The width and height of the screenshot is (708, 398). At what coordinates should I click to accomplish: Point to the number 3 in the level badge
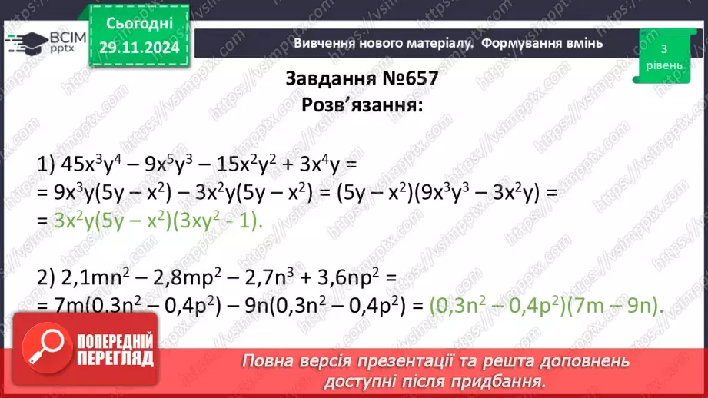point(663,48)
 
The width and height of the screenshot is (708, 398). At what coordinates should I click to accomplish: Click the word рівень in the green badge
point(663,65)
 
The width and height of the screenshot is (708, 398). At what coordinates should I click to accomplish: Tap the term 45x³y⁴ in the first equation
point(85,164)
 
